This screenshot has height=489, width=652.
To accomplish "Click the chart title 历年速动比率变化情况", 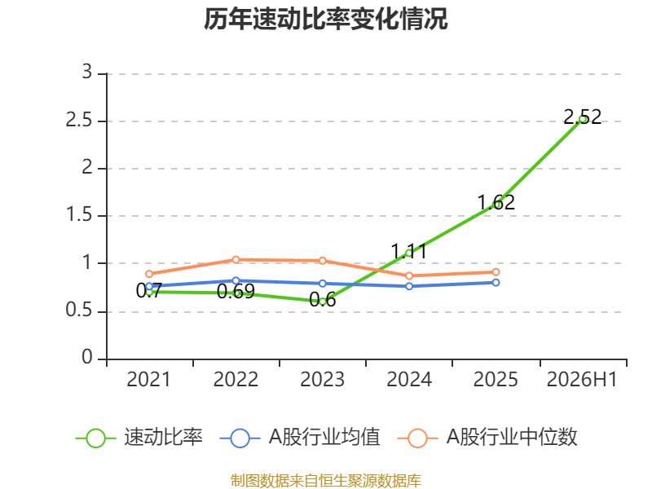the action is (x=325, y=19).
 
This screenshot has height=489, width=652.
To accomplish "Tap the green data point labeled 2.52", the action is (x=583, y=119).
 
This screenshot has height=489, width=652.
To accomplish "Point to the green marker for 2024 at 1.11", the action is (x=409, y=253).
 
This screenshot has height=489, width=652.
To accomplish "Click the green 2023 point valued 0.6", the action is (x=323, y=302).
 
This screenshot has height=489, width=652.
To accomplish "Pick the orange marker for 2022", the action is (x=236, y=259).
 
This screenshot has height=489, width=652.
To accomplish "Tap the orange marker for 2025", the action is (x=496, y=272).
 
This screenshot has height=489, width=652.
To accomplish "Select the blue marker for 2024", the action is (x=409, y=286).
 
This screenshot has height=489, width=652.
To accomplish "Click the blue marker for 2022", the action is (x=236, y=280).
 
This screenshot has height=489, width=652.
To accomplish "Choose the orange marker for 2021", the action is (x=149, y=274).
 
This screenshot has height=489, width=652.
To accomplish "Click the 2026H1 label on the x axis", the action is (x=582, y=379).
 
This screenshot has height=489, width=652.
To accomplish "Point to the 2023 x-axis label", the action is (x=322, y=379).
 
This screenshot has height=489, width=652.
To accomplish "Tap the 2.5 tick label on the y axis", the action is (x=78, y=120).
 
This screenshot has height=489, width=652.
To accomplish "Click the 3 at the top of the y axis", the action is (x=86, y=72).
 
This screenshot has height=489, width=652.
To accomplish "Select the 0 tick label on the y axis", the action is (x=87, y=357).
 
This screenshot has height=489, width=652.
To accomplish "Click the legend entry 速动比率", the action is (x=139, y=438).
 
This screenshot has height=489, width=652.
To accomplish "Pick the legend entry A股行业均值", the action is (x=299, y=438).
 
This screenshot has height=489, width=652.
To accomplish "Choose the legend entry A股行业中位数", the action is (x=487, y=438).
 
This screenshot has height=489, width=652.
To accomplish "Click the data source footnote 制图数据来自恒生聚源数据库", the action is (x=325, y=481).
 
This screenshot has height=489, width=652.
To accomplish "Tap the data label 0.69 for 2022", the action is (x=236, y=292).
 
